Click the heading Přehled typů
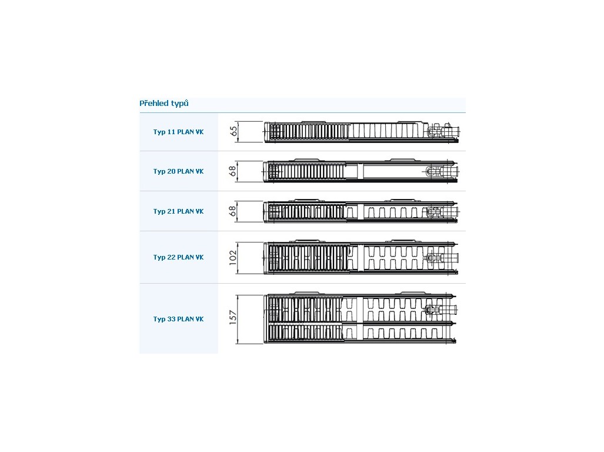164,103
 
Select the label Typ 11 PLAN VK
178,132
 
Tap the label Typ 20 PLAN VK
178,171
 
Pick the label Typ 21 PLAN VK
178,211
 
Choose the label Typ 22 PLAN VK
178,257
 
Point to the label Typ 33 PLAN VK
178,319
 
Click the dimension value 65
233,131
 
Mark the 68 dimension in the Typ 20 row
232,171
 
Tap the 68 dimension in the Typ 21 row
232,211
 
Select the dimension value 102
233,258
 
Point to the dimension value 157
233,317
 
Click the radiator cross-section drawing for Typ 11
362,132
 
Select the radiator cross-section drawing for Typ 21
361,211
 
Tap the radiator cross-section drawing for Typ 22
361,257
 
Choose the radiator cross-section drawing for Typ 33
360,318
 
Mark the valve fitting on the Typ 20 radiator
443,171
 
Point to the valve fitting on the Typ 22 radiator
443,257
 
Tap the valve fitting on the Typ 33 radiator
442,310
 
